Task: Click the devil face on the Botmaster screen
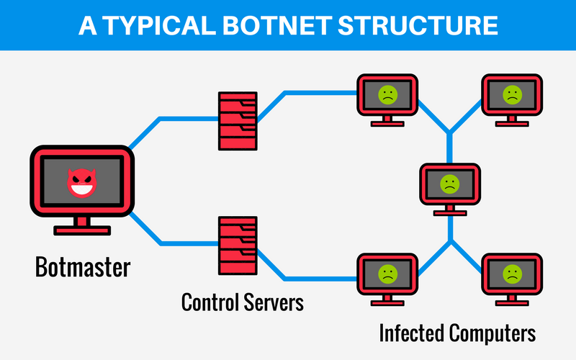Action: [81, 184]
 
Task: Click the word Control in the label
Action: [208, 301]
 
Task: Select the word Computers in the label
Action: [492, 333]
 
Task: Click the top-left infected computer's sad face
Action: [387, 94]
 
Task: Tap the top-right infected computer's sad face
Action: [512, 94]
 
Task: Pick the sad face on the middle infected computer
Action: [450, 183]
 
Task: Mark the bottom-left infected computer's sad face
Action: [387, 273]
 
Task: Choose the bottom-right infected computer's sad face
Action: [512, 273]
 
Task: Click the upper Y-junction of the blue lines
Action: [450, 133]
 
